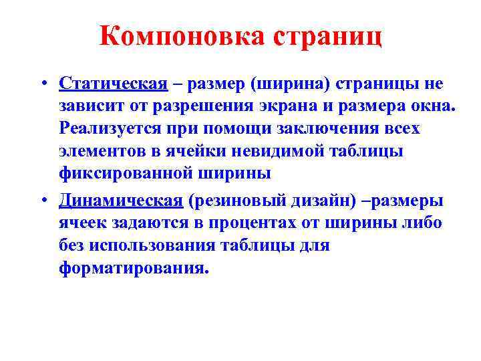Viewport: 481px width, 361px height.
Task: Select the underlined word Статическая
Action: coord(112,84)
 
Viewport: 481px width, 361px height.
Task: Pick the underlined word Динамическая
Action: coord(120,201)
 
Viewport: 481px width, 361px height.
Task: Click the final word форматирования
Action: coord(133,268)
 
